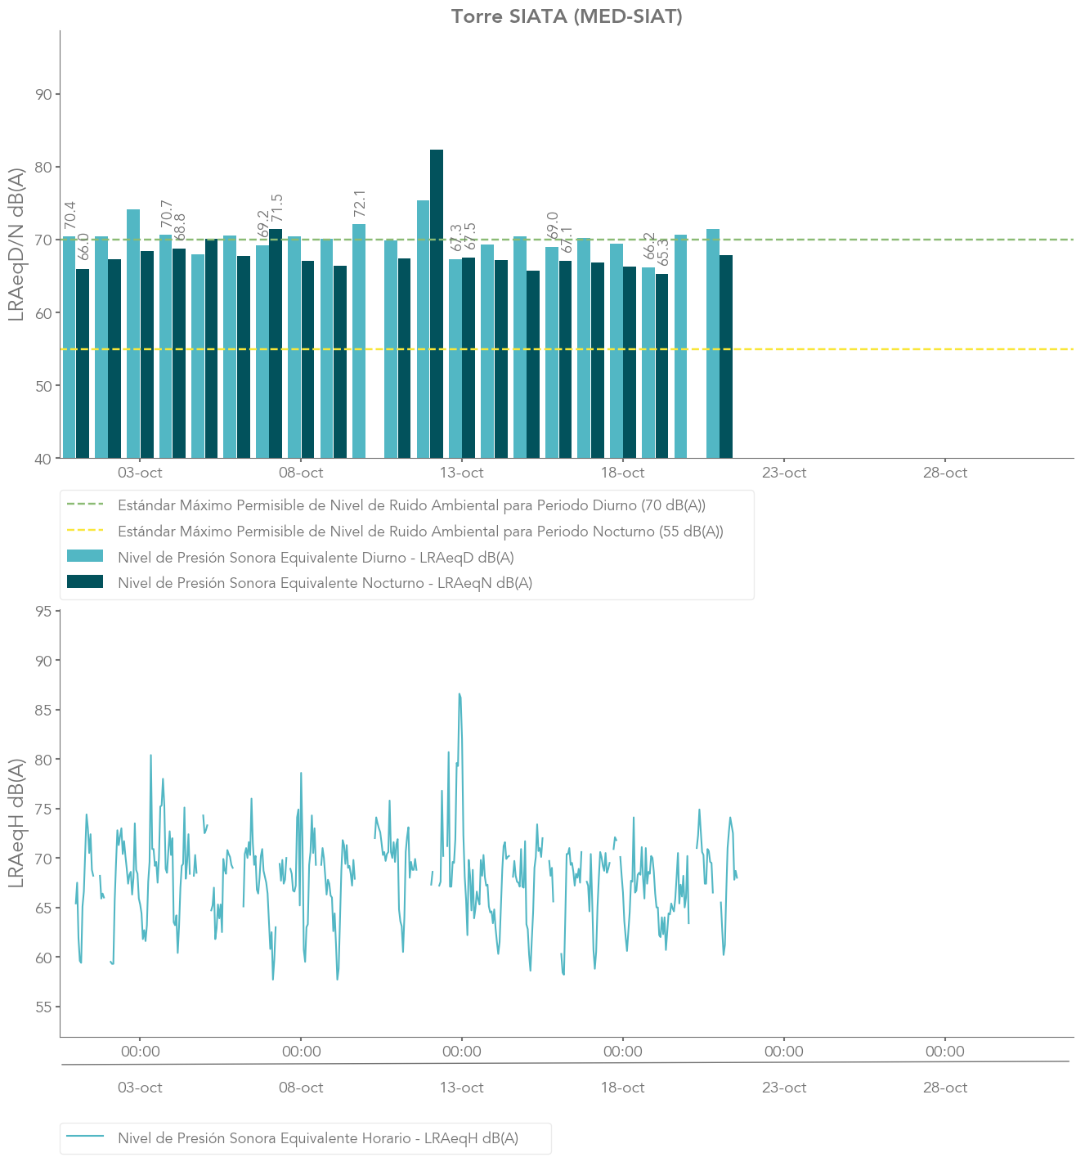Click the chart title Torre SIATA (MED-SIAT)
566,16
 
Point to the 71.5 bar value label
277,209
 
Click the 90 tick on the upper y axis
44,95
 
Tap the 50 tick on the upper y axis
44,386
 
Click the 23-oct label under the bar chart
783,473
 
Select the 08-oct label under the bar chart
301,473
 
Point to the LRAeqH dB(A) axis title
16,823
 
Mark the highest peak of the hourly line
460,694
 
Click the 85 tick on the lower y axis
44,710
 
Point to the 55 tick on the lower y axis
44,1007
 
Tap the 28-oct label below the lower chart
944,1088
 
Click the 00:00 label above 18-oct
622,1052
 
